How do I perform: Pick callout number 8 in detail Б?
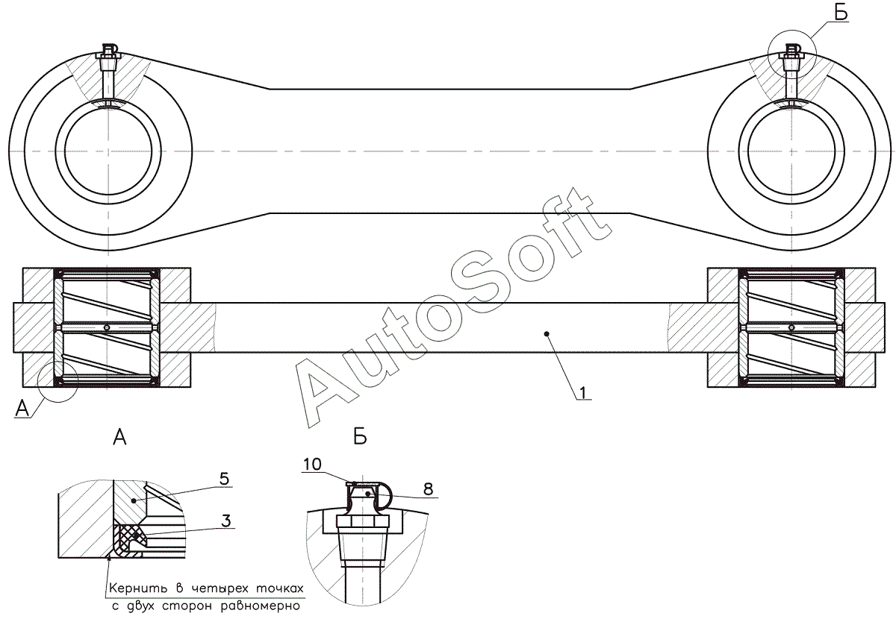pos(428,489)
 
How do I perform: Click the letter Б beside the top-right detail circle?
pos(840,13)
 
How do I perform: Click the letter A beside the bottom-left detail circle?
pos(23,408)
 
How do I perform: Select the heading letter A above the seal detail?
pos(119,438)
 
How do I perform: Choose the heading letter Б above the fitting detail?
pos(360,438)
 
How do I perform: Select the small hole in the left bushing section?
pos(108,328)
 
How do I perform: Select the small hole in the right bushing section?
pos(791,328)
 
